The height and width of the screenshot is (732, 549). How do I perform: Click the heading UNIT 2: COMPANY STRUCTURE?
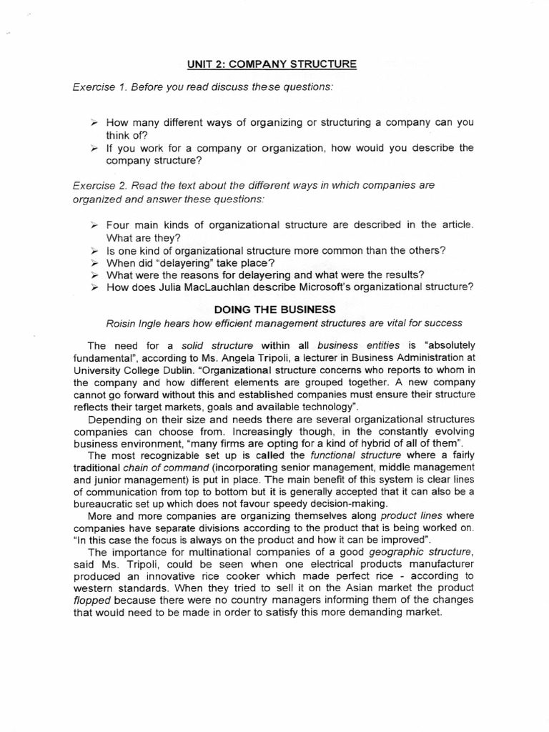click(271, 64)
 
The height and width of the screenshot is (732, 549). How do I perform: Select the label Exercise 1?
click(101, 87)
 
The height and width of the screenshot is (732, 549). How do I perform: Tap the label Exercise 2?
click(101, 185)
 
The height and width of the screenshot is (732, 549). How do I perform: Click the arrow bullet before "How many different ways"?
click(93, 123)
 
